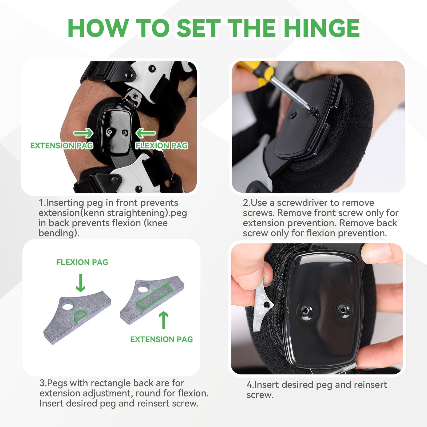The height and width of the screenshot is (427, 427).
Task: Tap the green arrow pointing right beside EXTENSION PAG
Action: tap(83, 133)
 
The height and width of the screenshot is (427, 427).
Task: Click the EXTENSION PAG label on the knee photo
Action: tap(62, 146)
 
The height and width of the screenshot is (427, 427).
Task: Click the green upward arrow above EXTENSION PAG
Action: tap(164, 320)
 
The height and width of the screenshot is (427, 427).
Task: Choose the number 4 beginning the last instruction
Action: tap(249, 385)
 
